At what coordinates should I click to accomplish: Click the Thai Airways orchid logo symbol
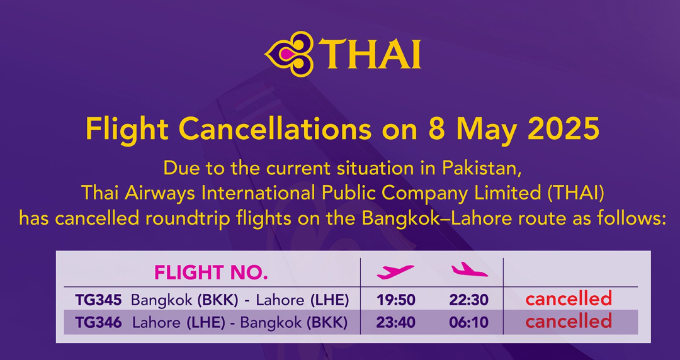(x=289, y=53)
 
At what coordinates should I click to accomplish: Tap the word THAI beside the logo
(x=370, y=53)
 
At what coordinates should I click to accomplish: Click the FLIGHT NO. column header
(x=211, y=273)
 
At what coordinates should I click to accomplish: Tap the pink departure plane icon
(x=395, y=271)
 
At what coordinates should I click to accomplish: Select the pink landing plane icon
(x=469, y=269)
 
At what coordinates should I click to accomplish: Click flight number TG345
(x=98, y=300)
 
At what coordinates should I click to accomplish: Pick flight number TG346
(x=98, y=322)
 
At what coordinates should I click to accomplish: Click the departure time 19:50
(x=395, y=300)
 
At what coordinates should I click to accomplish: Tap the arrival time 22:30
(x=469, y=300)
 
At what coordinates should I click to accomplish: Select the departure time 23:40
(x=395, y=322)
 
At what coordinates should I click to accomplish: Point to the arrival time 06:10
(x=469, y=322)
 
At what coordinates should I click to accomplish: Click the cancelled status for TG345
(x=569, y=299)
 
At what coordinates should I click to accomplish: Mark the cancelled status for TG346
(x=569, y=322)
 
